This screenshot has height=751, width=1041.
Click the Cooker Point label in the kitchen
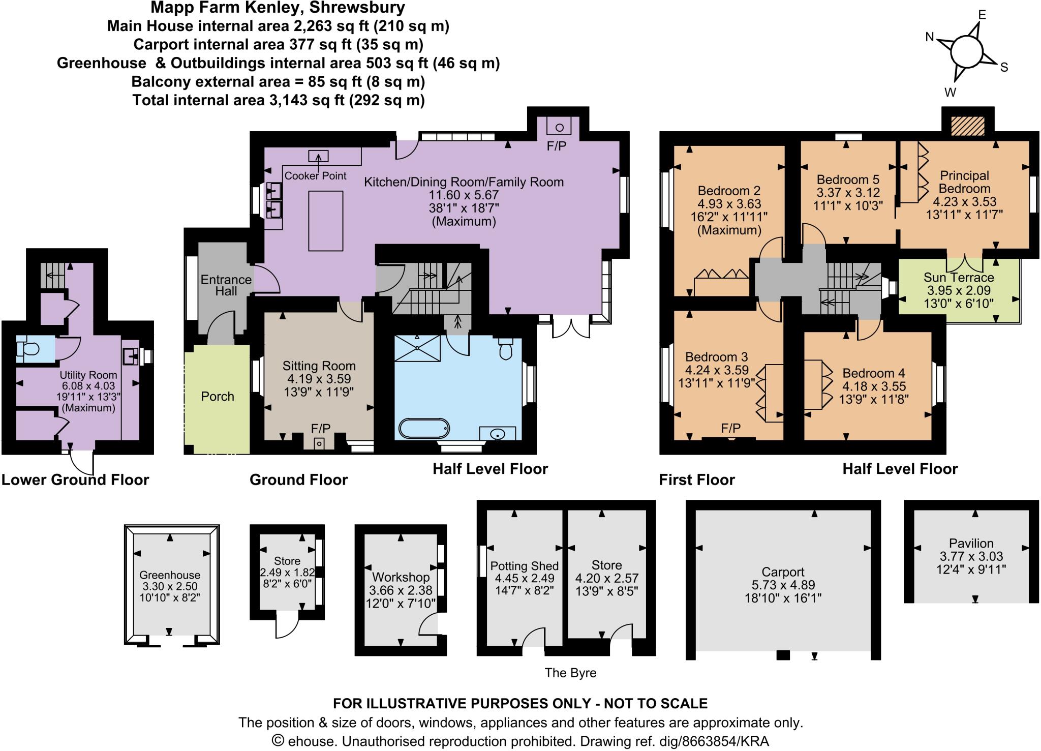click(315, 176)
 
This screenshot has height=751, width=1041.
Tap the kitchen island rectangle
click(325, 221)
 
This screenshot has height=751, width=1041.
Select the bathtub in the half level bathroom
click(424, 428)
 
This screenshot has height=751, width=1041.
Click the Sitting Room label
click(319, 366)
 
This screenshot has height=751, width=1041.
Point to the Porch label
click(218, 396)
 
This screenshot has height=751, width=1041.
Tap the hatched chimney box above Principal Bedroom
click(968, 126)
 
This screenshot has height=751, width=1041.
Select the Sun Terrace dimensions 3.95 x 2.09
click(959, 291)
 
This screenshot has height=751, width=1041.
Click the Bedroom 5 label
click(848, 179)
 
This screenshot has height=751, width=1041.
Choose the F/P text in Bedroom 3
click(730, 428)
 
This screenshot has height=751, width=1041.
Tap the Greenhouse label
click(170, 575)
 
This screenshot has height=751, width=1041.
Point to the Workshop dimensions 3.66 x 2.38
click(401, 590)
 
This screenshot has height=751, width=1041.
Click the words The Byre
click(570, 673)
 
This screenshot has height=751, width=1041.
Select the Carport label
click(783, 572)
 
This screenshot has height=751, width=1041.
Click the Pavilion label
click(971, 543)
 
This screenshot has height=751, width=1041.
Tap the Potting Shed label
click(524, 566)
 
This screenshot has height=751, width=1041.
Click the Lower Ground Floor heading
click(75, 479)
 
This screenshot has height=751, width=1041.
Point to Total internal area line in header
click(279, 100)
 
